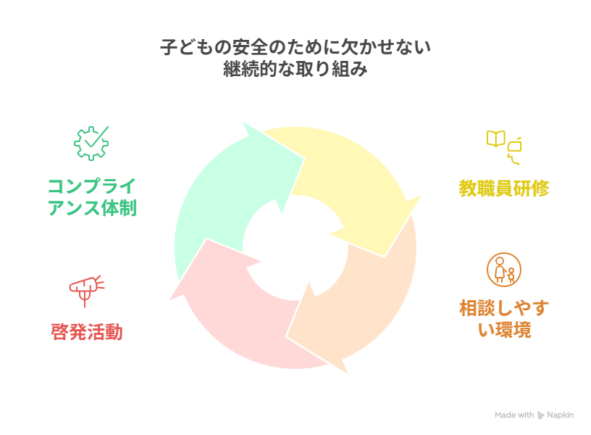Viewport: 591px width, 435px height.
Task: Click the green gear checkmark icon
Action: pyautogui.click(x=91, y=143)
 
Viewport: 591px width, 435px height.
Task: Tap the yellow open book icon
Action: pyautogui.click(x=495, y=138)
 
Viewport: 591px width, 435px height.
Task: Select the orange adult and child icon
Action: pyautogui.click(x=504, y=270)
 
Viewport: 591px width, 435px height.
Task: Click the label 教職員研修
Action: pyautogui.click(x=504, y=188)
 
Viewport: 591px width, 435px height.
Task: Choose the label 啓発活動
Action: pyautogui.click(x=87, y=332)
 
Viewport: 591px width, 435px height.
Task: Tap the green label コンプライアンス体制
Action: pyautogui.click(x=92, y=196)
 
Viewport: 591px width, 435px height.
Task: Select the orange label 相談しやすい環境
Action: pyautogui.click(x=504, y=319)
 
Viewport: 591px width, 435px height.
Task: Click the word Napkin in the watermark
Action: pyautogui.click(x=561, y=415)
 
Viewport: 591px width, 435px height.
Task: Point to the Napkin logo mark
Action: pyautogui.click(x=540, y=415)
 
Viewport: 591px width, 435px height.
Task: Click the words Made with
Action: pyautogui.click(x=514, y=415)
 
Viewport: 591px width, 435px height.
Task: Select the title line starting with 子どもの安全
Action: pyautogui.click(x=295, y=48)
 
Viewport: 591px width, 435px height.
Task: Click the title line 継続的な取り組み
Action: pyautogui.click(x=295, y=70)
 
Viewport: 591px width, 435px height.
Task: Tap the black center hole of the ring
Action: pyautogui.click(x=295, y=246)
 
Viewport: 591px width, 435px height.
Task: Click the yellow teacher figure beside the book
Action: pyautogui.click(x=515, y=148)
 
